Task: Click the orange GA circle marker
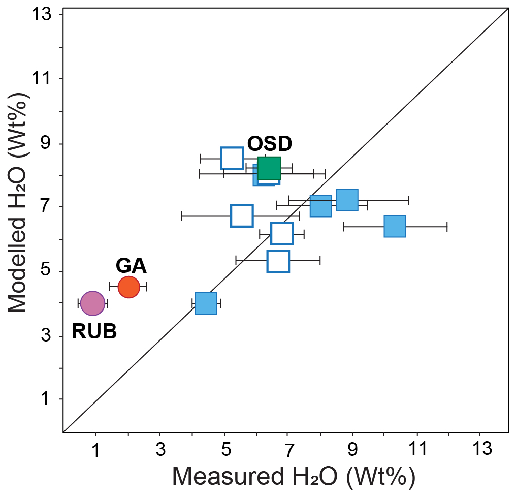coord(128,287)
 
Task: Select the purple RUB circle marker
coord(92,303)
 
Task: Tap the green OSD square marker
coord(269,168)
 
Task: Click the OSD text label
coord(270,144)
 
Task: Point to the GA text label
coord(131,266)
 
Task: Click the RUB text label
coord(94,332)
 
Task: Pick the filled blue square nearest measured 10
coord(395,226)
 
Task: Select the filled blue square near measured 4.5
coord(206,303)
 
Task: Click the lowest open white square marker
coord(278,261)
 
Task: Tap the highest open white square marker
coord(232,158)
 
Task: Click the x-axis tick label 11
coord(417,449)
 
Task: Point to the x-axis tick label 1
coord(95,449)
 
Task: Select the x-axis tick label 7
coord(288,449)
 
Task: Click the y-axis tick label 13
coord(45,15)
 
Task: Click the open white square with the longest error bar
coord(242,215)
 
